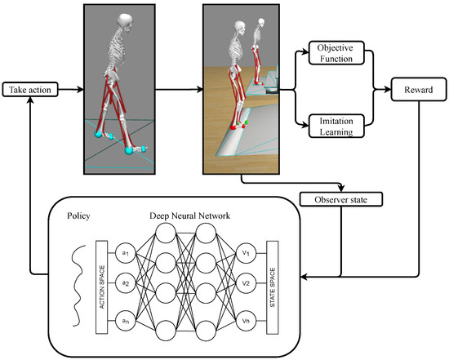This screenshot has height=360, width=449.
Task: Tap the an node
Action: tap(126, 320)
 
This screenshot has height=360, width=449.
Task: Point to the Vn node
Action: tap(246, 320)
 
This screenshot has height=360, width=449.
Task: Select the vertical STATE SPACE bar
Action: tap(272, 286)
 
